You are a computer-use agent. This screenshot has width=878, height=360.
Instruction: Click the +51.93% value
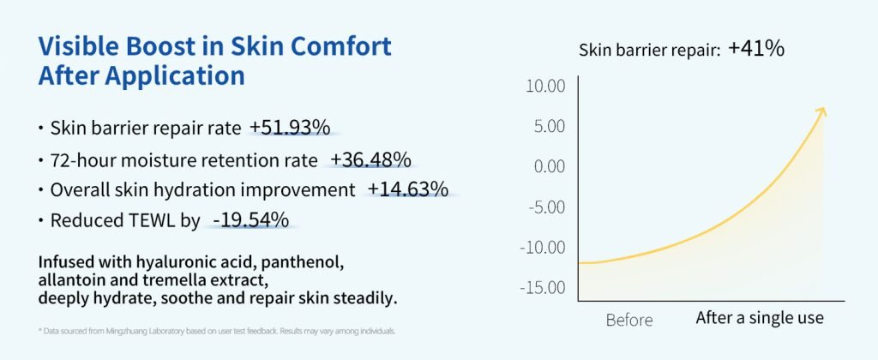290,128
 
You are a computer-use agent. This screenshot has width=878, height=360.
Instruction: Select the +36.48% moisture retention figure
371,159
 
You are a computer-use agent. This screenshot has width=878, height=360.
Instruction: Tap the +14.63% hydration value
408,189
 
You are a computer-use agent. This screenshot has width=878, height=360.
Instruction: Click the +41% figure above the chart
756,49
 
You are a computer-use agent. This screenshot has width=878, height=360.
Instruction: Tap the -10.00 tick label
543,247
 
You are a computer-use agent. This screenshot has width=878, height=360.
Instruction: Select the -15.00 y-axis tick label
543,287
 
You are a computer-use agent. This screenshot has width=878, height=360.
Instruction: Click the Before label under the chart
629,320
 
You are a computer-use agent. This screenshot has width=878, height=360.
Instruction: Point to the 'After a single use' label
760,318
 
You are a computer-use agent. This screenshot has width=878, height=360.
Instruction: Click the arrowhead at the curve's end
821,111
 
